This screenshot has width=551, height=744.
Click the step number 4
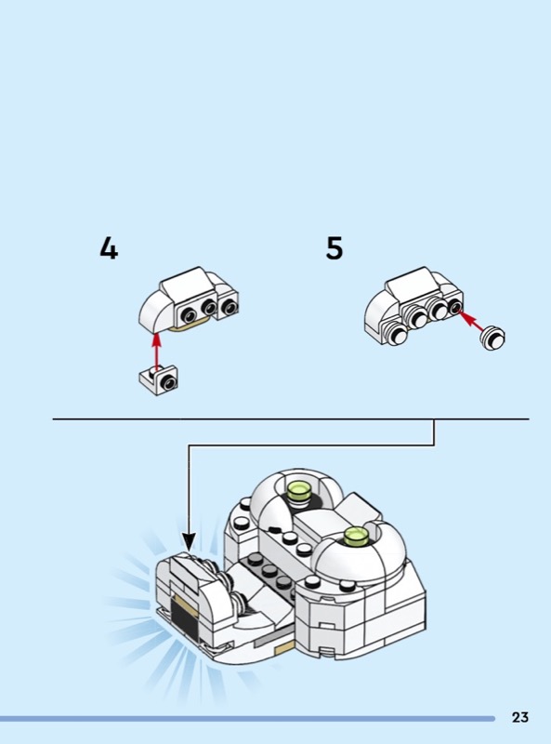coord(109,248)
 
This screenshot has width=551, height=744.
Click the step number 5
coord(335,248)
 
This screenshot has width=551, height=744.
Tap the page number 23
coord(519,717)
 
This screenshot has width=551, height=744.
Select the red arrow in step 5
coord(471,320)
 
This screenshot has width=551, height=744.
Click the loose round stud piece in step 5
coord(492,338)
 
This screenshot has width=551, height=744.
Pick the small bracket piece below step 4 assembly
coord(159,379)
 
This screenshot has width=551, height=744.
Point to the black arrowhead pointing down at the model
coord(189,542)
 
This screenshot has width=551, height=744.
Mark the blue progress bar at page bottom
coord(247,718)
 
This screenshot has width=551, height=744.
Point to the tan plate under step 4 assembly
coord(190,327)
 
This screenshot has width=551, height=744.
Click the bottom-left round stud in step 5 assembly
coord(396,334)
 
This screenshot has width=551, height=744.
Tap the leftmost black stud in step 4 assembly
coord(189,314)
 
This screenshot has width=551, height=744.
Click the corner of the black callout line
coord(433,445)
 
